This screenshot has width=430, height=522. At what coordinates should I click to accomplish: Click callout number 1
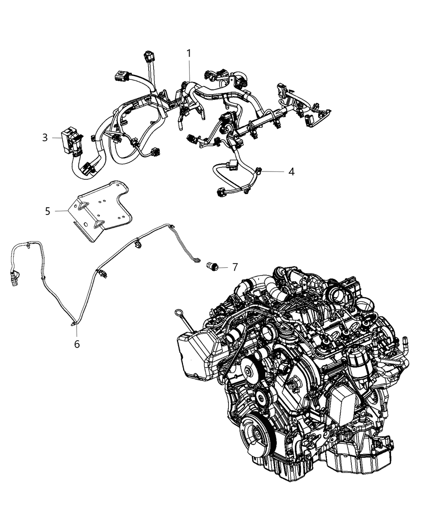pos(189,53)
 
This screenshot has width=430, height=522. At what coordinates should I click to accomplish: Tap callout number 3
pos(45,138)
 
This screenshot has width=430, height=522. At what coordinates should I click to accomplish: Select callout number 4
pos(291,172)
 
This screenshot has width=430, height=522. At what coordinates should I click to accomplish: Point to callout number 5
pos(48,211)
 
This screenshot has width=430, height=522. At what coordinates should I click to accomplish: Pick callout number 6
pos(77,344)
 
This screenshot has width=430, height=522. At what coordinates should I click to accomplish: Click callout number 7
pos(235,267)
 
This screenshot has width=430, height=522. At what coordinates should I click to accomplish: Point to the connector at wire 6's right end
pos(197,260)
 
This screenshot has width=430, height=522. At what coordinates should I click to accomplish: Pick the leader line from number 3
pos(56,138)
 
